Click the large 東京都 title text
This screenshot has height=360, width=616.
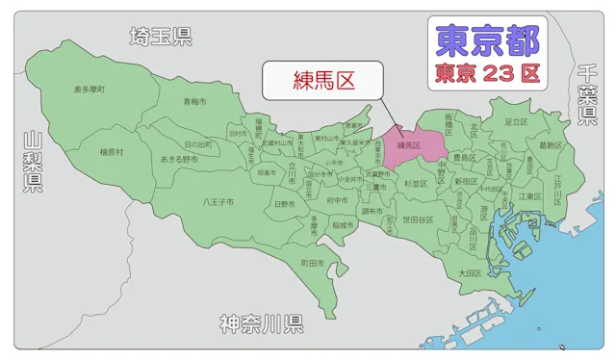pyautogui.click(x=488, y=39)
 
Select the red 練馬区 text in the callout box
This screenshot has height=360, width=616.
pyautogui.click(x=324, y=80)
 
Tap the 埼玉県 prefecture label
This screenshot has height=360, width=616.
pyautogui.click(x=162, y=37)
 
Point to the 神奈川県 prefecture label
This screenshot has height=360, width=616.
pyautogui.click(x=261, y=323)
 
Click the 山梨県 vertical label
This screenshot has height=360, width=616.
pyautogui.click(x=33, y=163)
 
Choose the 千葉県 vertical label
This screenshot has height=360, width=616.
pyautogui.click(x=586, y=95)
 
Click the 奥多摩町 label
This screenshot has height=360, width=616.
pyautogui.click(x=90, y=89)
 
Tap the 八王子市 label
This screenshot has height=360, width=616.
pyautogui.click(x=218, y=202)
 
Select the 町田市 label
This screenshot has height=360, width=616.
pyautogui.click(x=311, y=262)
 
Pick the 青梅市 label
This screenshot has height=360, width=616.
pyautogui.click(x=195, y=101)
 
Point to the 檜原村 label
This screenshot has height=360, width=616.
pyautogui.click(x=111, y=151)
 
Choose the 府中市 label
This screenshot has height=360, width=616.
pyautogui.click(x=336, y=200)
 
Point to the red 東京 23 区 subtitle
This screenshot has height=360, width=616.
pyautogui.click(x=486, y=72)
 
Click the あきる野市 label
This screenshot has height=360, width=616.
pyautogui.click(x=179, y=158)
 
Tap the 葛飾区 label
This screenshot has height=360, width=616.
pyautogui.click(x=550, y=145)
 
